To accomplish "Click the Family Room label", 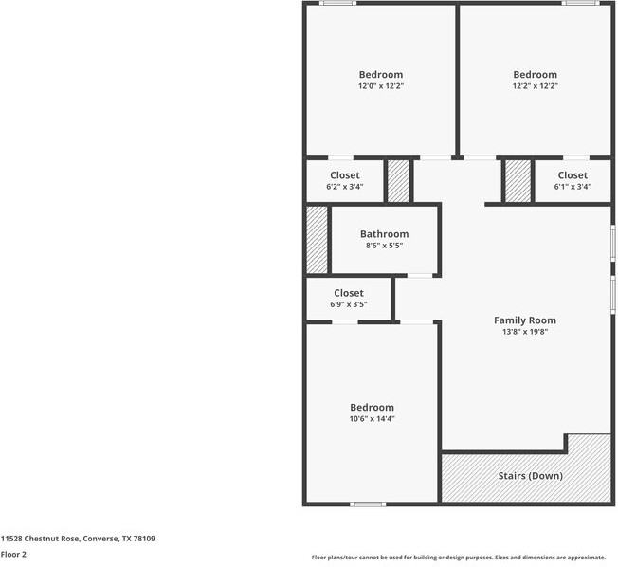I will pos(524,320).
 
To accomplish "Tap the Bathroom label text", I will pos(384,234).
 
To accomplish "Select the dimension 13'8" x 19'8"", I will pos(524,332).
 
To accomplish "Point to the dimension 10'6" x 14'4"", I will pos(371,418).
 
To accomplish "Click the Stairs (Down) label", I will pos(531,475).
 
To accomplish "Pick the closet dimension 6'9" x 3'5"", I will pos(348,304).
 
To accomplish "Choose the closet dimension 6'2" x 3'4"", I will pos(344,187).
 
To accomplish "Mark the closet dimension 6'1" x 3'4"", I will pos(573,187).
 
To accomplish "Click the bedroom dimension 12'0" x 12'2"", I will pos(380,86).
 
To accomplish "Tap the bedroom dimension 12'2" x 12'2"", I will pos(535,86).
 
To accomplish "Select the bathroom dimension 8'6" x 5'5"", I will pos(384,246).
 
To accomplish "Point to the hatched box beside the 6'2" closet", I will pos(399,180).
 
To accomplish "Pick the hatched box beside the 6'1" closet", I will pos(518,180).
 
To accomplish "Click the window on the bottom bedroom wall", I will pos(368,503).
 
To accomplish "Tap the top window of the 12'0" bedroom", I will pos(337,3).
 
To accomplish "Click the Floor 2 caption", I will pos(13,554).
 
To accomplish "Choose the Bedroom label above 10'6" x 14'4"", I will pos(371,407).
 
